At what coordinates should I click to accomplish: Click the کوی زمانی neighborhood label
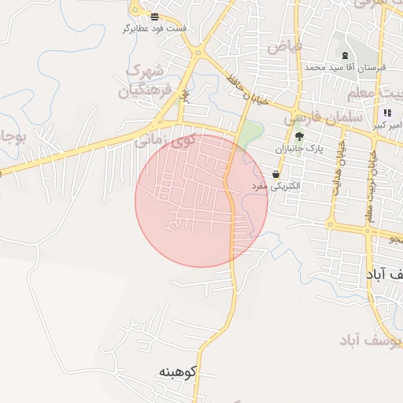164,142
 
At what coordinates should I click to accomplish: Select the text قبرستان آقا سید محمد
346,69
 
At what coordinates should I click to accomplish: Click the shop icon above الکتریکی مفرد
276,174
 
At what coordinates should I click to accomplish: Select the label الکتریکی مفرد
276,187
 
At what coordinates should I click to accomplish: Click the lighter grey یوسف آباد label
370,340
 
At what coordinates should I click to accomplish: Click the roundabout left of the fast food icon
135,12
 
